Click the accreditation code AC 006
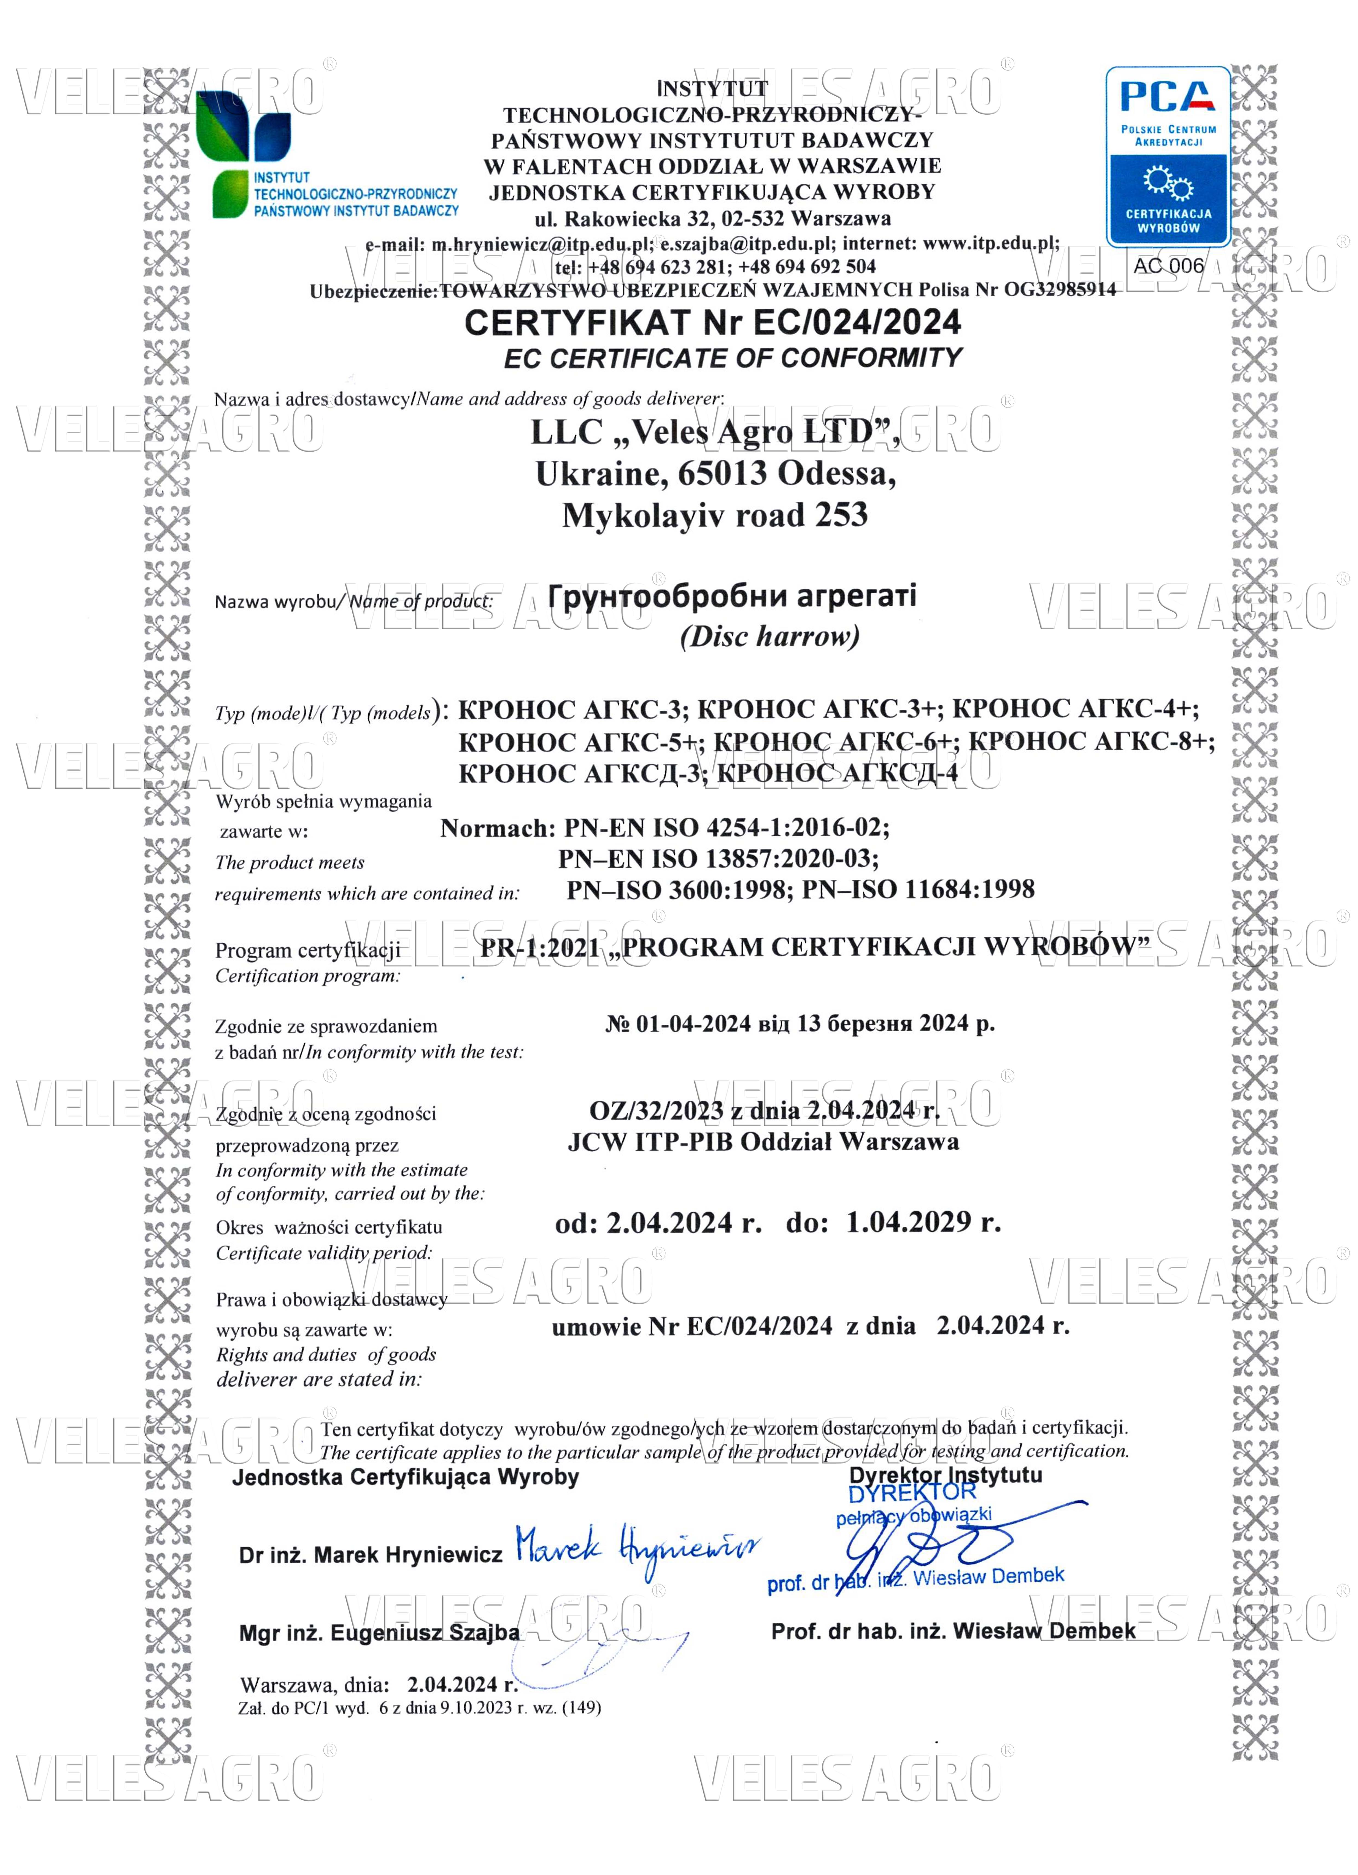pyautogui.click(x=1168, y=265)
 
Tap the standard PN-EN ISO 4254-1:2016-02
pyautogui.click(x=726, y=828)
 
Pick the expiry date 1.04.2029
pyautogui.click(x=908, y=1222)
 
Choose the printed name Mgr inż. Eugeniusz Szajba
pyautogui.click(x=379, y=1633)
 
